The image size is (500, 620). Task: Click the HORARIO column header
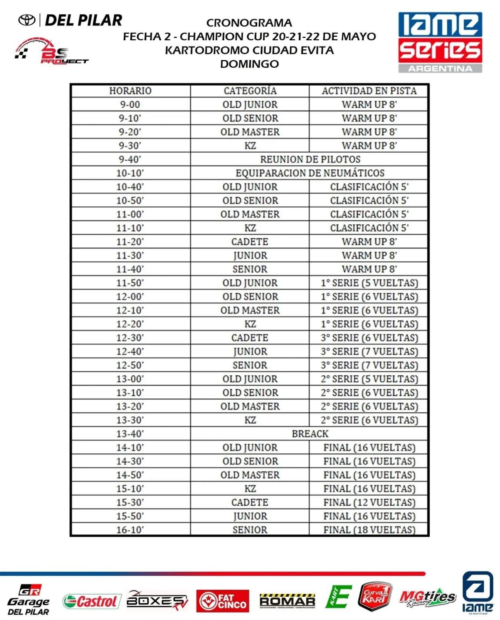[x=130, y=91]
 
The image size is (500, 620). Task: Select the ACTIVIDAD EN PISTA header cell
[x=369, y=91]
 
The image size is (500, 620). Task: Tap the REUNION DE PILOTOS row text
[x=310, y=159]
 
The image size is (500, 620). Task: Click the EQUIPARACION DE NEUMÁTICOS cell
[x=310, y=173]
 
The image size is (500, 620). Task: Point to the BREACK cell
[x=310, y=434]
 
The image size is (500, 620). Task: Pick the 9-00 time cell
[x=130, y=105]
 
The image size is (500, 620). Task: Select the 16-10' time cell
[x=130, y=530]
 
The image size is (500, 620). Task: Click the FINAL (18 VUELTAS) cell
[x=369, y=530]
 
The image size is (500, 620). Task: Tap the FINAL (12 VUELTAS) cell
[x=369, y=502]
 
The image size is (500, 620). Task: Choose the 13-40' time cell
[x=130, y=434]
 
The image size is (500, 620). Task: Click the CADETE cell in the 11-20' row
[x=250, y=242]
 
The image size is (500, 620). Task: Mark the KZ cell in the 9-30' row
[x=250, y=146]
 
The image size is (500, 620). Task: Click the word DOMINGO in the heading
[x=249, y=64]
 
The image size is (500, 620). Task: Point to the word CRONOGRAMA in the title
[x=249, y=23]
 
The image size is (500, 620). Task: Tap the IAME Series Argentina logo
[x=440, y=42]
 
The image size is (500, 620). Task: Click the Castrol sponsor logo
[x=90, y=601]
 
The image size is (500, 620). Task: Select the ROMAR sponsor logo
[x=287, y=601]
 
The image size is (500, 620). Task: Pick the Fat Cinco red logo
[x=222, y=601]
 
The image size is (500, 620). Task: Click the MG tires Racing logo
[x=427, y=599]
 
